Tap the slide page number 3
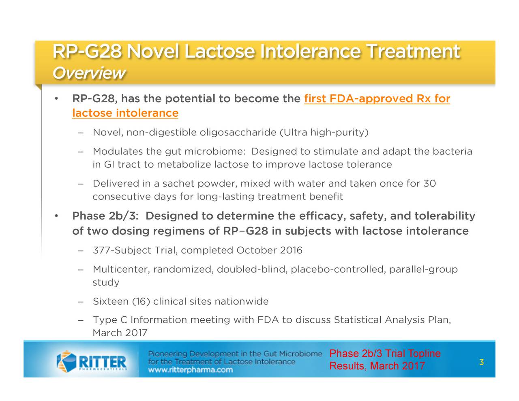tap(481, 362)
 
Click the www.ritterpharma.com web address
tap(190, 370)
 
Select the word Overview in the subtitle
tap(88, 73)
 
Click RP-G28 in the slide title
tap(86, 52)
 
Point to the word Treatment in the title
tap(413, 52)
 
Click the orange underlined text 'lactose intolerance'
tap(125, 113)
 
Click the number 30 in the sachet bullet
tap(429, 184)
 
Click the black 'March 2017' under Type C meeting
tap(120, 333)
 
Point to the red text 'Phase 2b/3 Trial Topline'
tap(385, 354)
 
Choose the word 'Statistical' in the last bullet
tap(358, 320)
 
